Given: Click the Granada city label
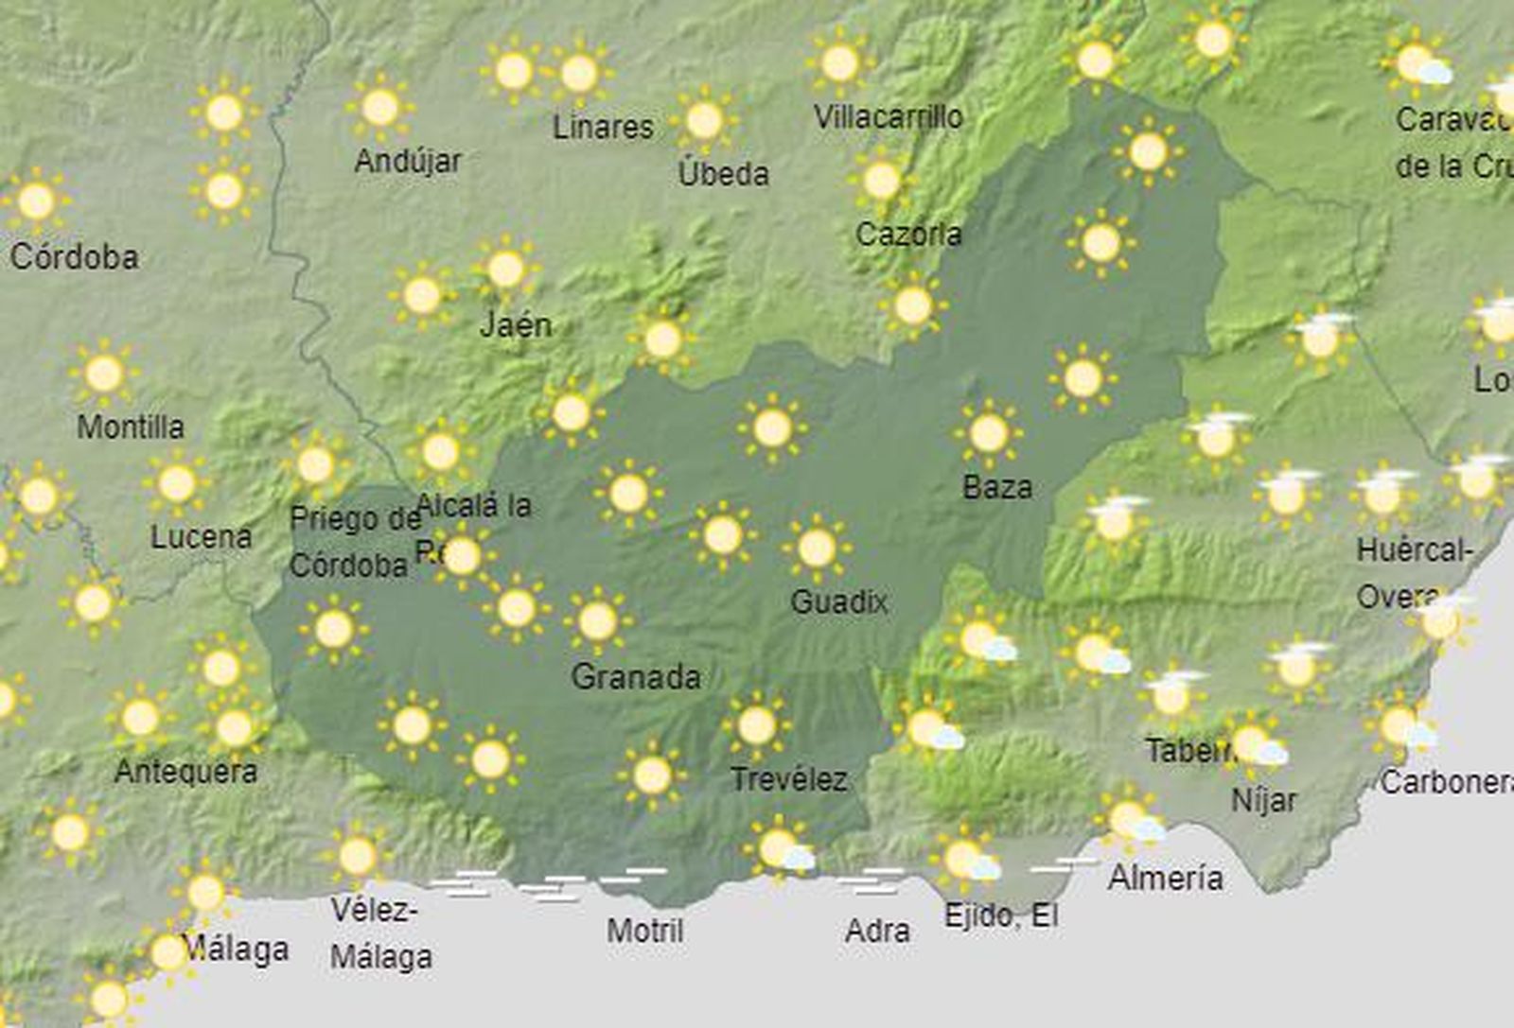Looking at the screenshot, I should pos(636,677).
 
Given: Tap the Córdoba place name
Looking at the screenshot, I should pos(74,257).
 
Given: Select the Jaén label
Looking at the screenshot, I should pos(516,325).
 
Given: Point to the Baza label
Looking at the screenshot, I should pos(997,488).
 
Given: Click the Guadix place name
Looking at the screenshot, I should pos(839,602).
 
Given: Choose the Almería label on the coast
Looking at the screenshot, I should pos(1166,879).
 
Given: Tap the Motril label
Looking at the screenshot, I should pos(645,931).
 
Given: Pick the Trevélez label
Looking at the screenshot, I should pos(789,780).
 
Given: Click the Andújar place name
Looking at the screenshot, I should pos(408,162).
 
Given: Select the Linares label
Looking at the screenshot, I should pos(604,127).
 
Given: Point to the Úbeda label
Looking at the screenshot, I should pos(724,174).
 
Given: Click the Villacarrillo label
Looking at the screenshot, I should pos(889,117).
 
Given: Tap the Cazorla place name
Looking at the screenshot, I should pos(908,235).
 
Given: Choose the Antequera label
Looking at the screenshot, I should pos(185,772).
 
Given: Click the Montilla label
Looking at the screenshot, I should pos(131,427).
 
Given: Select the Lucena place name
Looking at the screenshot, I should pos(202,537).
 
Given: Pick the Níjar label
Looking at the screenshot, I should pos(1263,801).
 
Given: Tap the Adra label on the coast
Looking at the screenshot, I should pos(878,932).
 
